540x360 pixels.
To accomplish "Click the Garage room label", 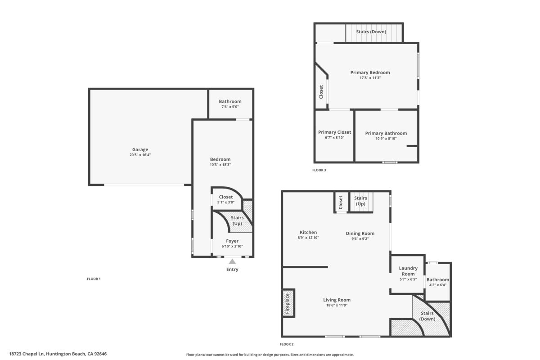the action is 140,149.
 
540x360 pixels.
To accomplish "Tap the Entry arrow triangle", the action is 232,261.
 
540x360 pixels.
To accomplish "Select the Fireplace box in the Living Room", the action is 288,303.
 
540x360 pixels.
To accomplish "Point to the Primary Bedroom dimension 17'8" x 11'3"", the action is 370,78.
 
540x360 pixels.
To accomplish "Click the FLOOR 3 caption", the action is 319,170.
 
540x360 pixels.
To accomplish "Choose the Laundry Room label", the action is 408,271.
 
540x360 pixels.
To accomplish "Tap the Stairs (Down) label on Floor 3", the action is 371,31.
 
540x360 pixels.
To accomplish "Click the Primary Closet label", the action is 334,132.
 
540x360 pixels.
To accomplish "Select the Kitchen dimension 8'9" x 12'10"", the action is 308,238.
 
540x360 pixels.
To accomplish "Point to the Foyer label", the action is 232,241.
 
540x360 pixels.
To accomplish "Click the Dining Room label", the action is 360,234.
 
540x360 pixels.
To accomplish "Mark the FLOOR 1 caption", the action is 94,279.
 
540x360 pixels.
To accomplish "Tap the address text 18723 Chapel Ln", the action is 27,354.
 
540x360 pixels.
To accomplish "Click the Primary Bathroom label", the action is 386,133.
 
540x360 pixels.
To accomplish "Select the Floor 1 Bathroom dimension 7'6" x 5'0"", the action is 230,107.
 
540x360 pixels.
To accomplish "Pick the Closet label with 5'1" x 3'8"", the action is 225,197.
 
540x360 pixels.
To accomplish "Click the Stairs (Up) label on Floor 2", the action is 360,201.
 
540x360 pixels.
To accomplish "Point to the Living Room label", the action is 337,300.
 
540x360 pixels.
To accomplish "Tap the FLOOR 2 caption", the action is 287,344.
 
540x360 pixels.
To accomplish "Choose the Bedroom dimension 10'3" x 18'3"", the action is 220,165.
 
